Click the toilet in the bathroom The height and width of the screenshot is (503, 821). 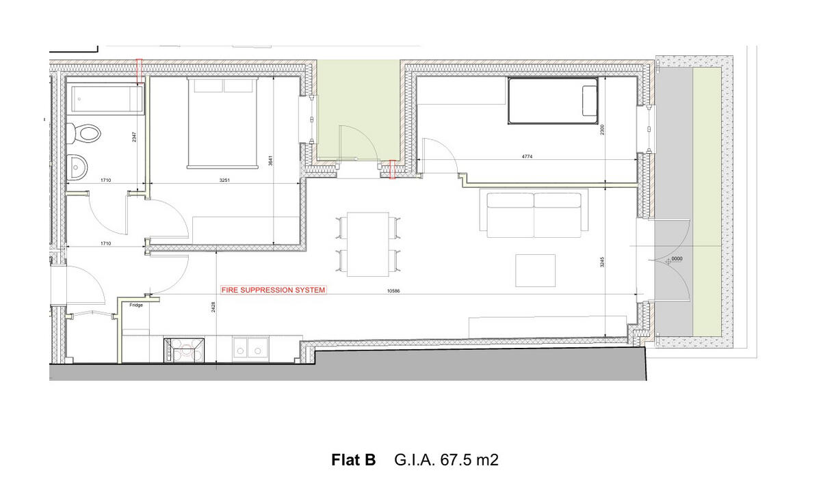pos(85,131)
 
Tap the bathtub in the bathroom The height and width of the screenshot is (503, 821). pos(105,100)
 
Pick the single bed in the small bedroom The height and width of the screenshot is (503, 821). pos(553,101)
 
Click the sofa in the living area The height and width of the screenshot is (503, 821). pos(534,215)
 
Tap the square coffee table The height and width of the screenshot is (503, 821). pos(535,271)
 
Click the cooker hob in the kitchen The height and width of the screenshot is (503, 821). pos(184,350)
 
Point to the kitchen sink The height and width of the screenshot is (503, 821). pos(250,348)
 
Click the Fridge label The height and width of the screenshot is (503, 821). pos(136,305)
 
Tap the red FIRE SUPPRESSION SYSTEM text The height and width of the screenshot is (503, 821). pos(273,290)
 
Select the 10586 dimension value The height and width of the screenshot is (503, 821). pos(393,290)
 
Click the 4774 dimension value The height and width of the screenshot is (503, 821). pos(526,157)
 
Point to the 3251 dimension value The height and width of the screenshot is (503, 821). pos(224,180)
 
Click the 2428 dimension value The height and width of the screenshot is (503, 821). pos(213,308)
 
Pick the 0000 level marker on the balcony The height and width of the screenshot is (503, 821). pos(677,259)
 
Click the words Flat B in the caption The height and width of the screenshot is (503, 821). pos(353,460)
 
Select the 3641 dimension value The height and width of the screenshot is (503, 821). pos(271,162)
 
